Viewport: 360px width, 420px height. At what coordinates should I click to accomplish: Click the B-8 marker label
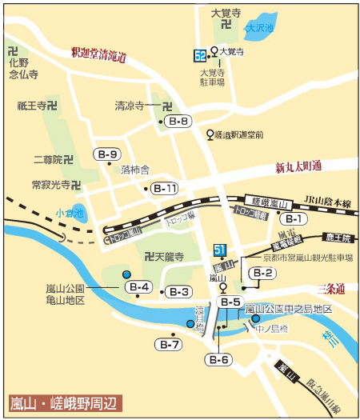point(180,122)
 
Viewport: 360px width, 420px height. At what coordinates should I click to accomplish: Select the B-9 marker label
point(108,154)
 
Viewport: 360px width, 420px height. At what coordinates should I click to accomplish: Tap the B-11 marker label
point(166,189)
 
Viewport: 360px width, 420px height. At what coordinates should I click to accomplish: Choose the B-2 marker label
point(262,274)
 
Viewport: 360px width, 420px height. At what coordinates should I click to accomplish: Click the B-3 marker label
point(178,292)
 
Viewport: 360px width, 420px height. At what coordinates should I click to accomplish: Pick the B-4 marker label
point(139,286)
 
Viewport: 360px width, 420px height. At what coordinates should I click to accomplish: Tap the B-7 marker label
point(170,345)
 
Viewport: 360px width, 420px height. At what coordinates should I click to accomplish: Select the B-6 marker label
point(220,360)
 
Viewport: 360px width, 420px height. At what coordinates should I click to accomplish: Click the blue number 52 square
point(200,55)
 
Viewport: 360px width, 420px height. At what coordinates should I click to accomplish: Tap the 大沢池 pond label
point(260,29)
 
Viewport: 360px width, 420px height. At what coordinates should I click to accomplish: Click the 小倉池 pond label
point(69,213)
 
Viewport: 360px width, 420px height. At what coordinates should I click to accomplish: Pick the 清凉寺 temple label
point(134,106)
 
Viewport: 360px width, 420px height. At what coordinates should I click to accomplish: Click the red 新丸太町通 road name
point(298,167)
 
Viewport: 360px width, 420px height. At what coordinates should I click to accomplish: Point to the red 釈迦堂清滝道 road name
point(99,54)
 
